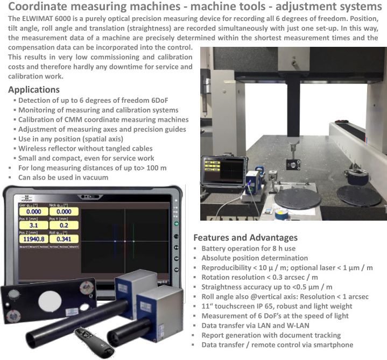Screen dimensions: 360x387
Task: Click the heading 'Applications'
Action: click(34, 89)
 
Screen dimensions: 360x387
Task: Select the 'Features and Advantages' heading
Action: click(245, 237)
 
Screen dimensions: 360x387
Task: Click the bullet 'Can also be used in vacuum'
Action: click(63, 178)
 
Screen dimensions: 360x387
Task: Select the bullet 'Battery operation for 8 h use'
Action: click(248, 249)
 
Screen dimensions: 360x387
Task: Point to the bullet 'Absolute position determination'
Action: click(255, 258)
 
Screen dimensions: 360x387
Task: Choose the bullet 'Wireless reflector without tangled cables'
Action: click(86, 149)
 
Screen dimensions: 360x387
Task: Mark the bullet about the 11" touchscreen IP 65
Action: click(278, 306)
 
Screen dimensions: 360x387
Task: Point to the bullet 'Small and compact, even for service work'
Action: click(86, 158)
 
